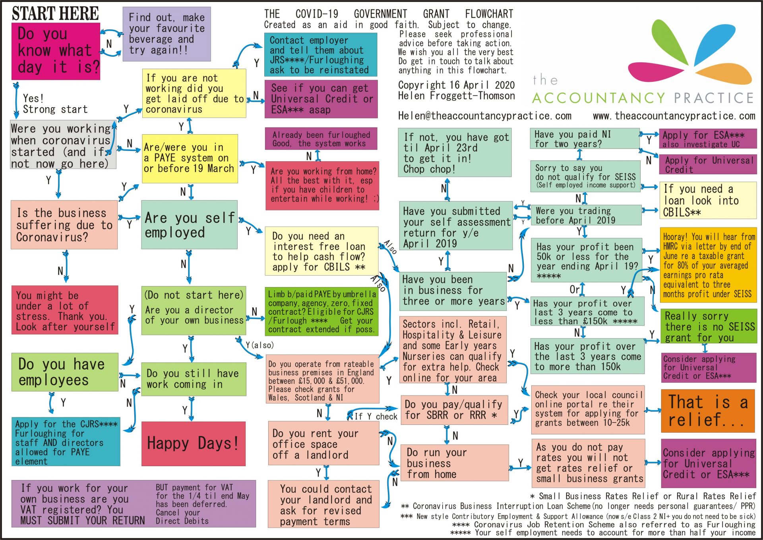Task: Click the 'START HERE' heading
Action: [x=55, y=14]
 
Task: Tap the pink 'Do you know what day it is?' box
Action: [x=56, y=51]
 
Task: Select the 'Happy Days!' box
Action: [x=194, y=443]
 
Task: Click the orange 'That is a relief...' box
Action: [x=708, y=411]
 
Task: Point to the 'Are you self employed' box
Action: [x=189, y=225]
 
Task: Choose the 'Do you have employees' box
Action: [x=65, y=372]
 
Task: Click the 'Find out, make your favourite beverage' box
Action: [x=167, y=34]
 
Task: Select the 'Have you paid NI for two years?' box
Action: [x=584, y=139]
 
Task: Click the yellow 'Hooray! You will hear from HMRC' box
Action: [x=708, y=265]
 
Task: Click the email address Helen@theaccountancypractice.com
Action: [x=484, y=116]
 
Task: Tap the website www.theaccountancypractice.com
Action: [x=674, y=116]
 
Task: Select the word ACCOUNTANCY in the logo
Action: [x=598, y=98]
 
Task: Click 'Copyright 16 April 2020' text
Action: [x=456, y=85]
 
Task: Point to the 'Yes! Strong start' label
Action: [x=55, y=104]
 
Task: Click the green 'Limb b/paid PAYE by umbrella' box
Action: [x=321, y=312]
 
